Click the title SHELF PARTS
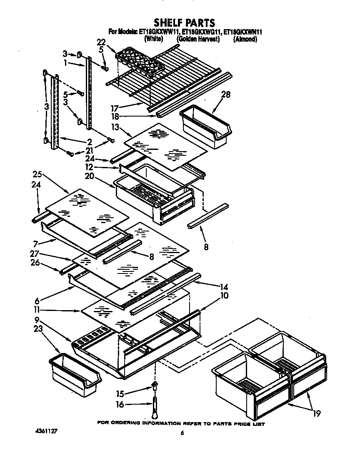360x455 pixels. [184, 22]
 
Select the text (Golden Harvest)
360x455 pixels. [197, 40]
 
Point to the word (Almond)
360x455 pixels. [245, 40]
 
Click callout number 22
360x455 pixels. [101, 42]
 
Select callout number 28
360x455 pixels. [226, 94]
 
